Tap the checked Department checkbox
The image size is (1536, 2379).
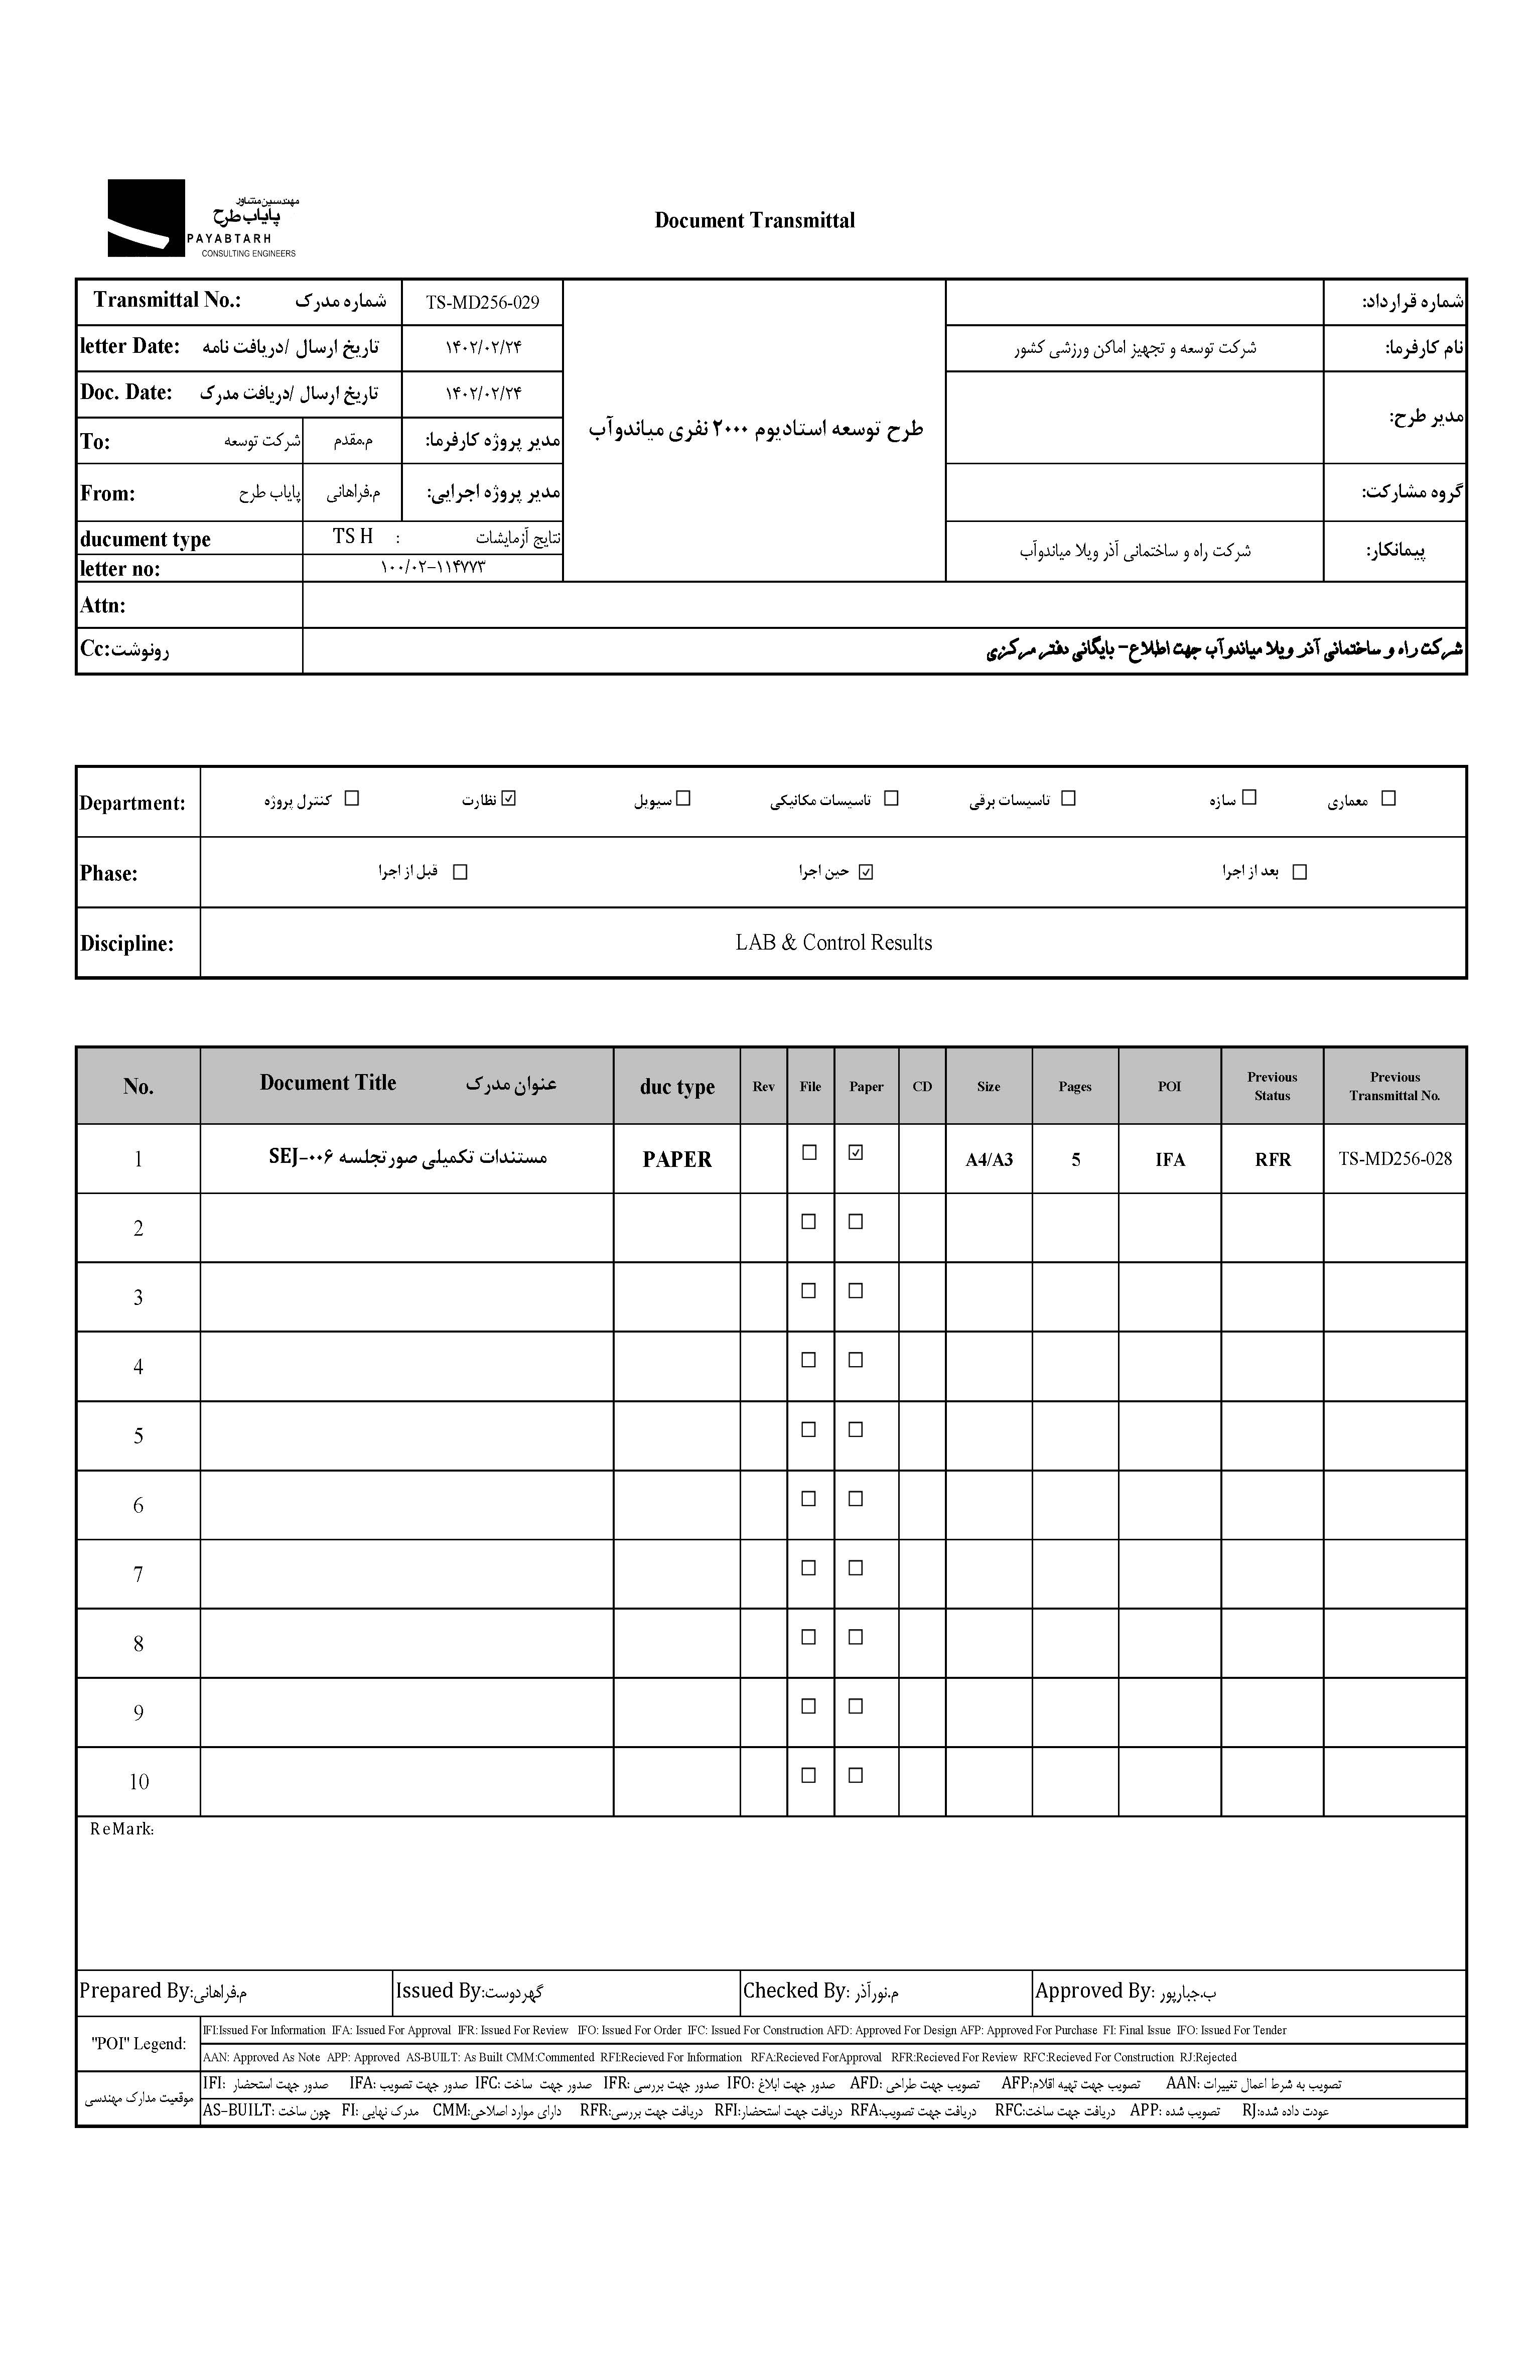click(x=510, y=798)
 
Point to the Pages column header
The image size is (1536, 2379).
click(x=1074, y=1086)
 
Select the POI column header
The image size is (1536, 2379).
click(x=1169, y=1086)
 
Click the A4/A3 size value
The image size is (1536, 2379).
click(x=989, y=1159)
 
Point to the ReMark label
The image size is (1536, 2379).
click(x=121, y=1828)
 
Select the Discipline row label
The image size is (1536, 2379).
click(x=126, y=944)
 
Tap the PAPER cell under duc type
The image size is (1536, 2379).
click(x=677, y=1159)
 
